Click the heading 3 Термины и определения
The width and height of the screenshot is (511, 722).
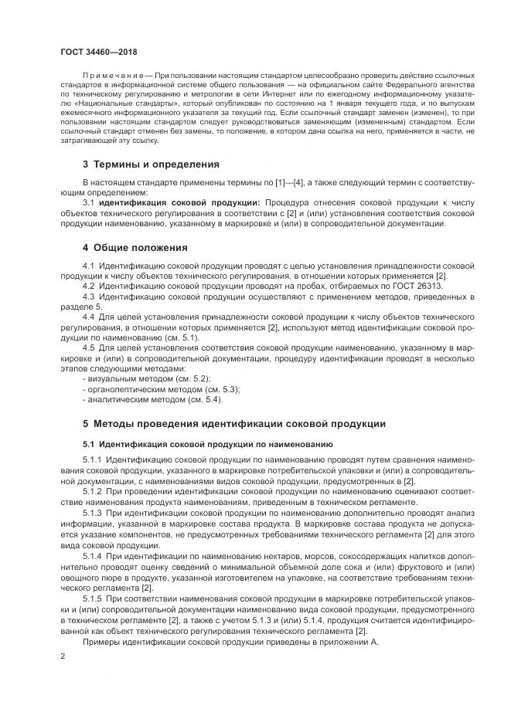click(x=151, y=164)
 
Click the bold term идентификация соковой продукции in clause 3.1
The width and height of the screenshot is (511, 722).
click(x=171, y=202)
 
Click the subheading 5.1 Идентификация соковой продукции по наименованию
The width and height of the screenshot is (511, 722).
click(x=207, y=445)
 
